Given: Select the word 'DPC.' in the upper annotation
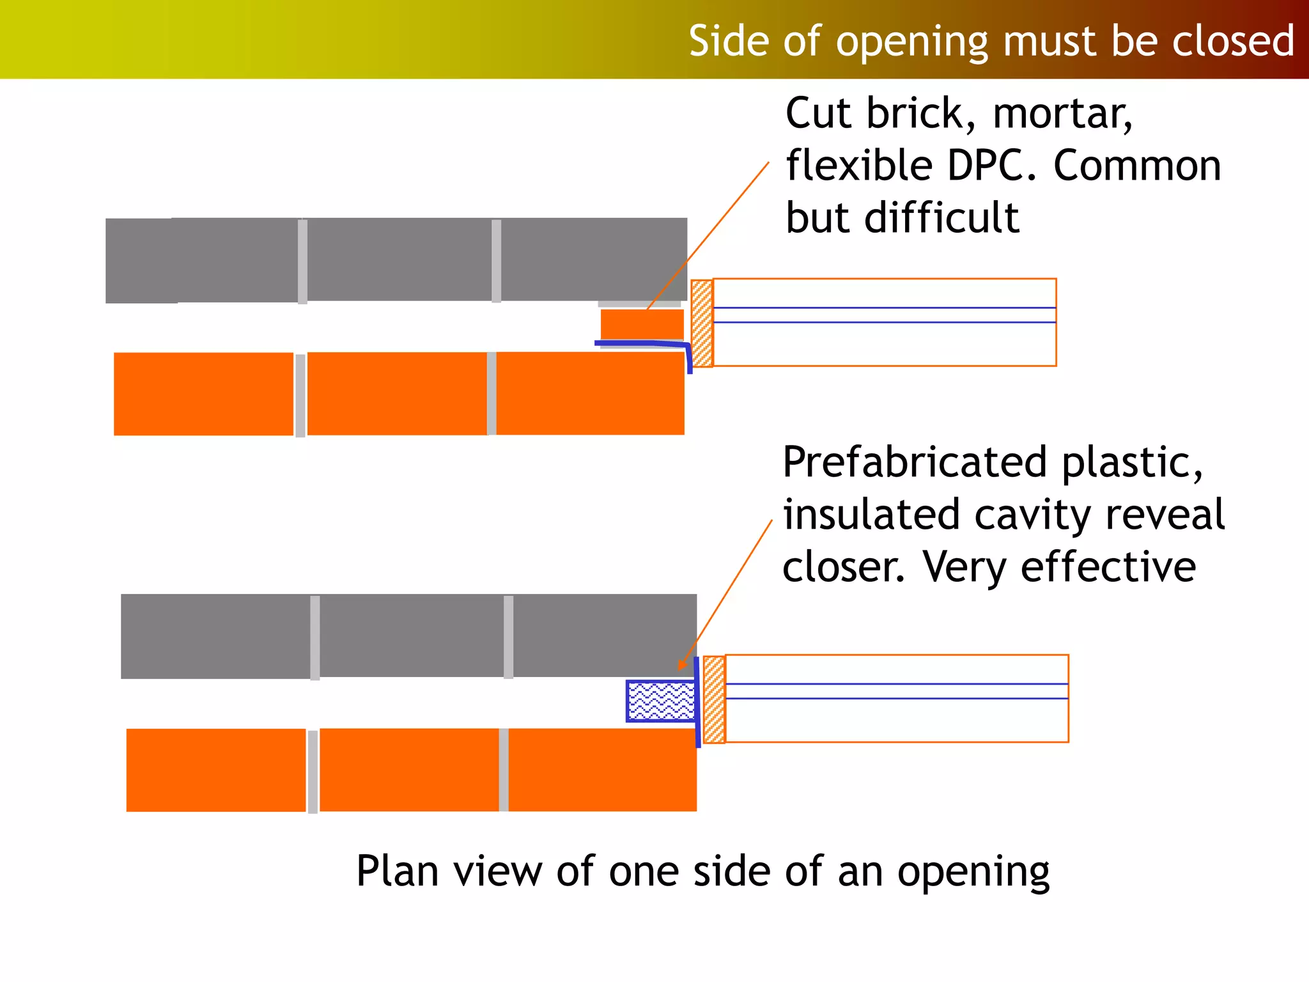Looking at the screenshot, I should point(991,166).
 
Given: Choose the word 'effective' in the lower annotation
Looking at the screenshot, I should point(1108,567).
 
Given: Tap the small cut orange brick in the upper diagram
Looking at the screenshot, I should point(642,324).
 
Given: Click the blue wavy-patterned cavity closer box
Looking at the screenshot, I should point(660,701).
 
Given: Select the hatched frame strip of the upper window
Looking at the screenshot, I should point(702,323).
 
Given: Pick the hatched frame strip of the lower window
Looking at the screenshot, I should point(714,699).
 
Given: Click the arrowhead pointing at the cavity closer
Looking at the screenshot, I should point(683,664).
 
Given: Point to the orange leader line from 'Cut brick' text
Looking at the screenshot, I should point(709,233).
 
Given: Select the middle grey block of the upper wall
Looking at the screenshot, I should point(399,260).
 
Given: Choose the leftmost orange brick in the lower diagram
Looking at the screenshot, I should point(216,770).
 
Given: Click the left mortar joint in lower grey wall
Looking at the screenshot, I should point(315,637).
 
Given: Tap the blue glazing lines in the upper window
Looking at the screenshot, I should point(884,315).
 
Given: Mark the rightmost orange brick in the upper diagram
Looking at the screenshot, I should point(590,394).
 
